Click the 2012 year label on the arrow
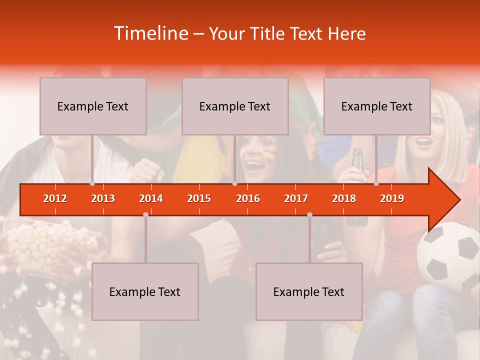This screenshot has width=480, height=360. (55, 198)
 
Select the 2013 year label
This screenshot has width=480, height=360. (103, 198)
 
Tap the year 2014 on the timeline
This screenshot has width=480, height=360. (151, 198)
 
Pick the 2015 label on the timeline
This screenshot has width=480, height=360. (199, 198)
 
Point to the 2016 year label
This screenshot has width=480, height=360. (248, 198)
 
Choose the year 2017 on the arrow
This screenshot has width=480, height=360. (296, 198)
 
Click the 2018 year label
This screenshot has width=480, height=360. (344, 198)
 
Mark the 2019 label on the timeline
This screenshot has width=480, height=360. (392, 198)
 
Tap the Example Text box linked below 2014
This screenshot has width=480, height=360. (145, 291)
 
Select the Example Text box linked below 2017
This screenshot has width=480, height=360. (309, 291)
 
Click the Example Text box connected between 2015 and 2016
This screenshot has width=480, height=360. (235, 106)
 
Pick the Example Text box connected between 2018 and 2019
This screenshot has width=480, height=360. (377, 106)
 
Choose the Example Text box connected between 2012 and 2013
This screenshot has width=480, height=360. (93, 106)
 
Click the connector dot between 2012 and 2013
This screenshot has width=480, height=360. (92, 183)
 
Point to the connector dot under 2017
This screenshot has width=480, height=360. (309, 214)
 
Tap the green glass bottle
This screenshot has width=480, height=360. (357, 165)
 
